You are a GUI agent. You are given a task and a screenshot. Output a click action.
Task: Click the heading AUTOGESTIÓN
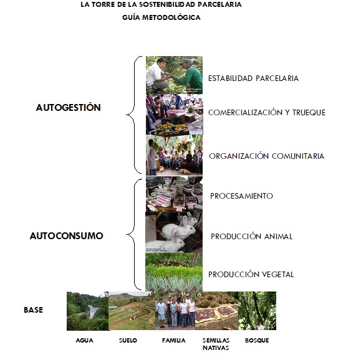click(69, 107)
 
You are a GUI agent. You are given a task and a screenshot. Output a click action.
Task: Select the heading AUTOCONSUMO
click(66, 236)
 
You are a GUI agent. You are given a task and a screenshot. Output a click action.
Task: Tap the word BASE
click(34, 310)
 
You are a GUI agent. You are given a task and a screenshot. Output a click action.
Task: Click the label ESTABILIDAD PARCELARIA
click(253, 78)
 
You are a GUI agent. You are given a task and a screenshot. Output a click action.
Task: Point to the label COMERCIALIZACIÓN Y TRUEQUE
click(267, 112)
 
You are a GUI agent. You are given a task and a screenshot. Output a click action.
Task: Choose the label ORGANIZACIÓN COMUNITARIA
click(266, 156)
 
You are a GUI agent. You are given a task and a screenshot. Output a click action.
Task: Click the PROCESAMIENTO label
click(241, 196)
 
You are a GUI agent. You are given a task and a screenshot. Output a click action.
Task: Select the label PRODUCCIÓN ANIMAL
click(252, 236)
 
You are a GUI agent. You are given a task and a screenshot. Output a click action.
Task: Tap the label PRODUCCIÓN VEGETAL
click(251, 274)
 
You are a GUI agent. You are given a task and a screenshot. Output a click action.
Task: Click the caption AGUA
click(85, 340)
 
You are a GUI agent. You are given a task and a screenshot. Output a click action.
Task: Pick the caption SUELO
click(128, 340)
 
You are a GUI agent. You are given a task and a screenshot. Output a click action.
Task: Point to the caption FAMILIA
click(174, 340)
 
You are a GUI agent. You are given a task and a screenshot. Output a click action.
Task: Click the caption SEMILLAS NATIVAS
click(216, 344)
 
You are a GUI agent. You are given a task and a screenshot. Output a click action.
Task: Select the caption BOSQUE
click(257, 340)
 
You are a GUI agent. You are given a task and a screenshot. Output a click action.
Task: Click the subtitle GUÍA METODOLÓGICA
click(161, 17)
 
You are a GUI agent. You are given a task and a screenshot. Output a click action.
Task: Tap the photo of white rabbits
click(174, 232)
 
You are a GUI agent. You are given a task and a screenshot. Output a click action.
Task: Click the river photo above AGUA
click(88, 311)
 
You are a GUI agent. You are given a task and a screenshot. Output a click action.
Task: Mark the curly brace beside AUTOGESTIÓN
click(135, 115)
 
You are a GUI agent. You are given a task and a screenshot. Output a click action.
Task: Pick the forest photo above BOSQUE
click(257, 311)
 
